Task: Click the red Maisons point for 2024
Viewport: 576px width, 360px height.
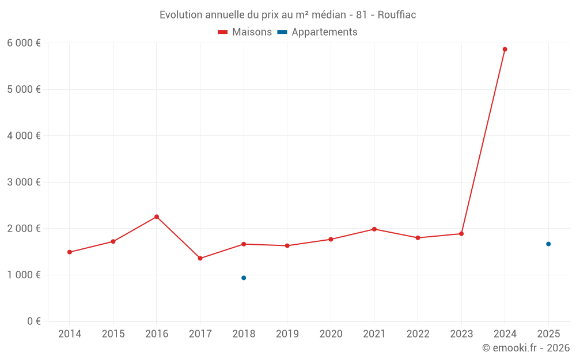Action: (505, 50)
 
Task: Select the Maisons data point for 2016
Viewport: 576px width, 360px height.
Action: (157, 217)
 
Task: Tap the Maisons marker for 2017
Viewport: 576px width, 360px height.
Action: (200, 258)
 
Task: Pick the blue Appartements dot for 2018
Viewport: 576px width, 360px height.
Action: (244, 278)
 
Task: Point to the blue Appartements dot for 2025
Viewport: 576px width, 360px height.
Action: (548, 244)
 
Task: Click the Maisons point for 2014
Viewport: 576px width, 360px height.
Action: (70, 252)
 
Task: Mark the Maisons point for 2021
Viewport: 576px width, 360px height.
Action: (374, 229)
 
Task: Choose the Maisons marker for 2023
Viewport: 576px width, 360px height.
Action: (461, 234)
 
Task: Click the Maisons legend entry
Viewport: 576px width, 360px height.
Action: (245, 32)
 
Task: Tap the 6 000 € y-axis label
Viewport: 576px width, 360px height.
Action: (24, 43)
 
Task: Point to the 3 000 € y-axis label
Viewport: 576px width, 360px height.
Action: (24, 182)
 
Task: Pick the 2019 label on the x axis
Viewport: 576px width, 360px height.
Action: (287, 334)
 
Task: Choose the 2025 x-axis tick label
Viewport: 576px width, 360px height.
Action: (548, 334)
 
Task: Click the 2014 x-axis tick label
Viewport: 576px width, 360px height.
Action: (70, 334)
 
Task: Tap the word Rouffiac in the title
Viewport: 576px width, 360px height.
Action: (397, 15)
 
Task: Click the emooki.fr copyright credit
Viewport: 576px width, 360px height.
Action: (526, 348)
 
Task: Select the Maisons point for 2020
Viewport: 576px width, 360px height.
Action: (331, 239)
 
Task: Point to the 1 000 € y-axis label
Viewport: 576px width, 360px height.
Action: (24, 275)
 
